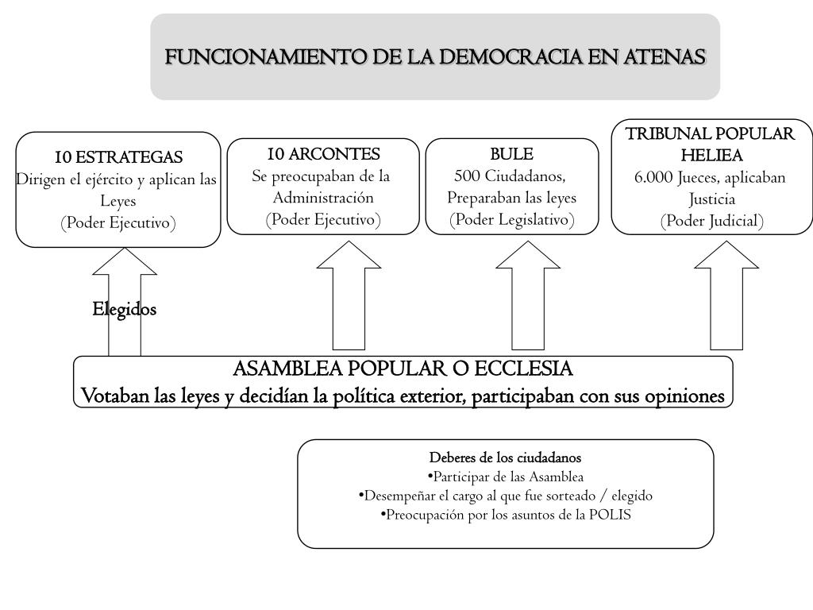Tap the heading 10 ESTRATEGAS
pos(118,156)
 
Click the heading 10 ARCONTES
pos(323,153)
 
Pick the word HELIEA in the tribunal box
pos(711,155)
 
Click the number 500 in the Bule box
pos(468,176)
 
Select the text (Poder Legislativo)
pos(511,220)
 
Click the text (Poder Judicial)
pos(711,221)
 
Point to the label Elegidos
pos(124,309)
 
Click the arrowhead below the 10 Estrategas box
pos(125,261)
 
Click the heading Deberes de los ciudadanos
pos(505,458)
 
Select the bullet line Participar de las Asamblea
pos(505,477)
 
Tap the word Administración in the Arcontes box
pos(323,198)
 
